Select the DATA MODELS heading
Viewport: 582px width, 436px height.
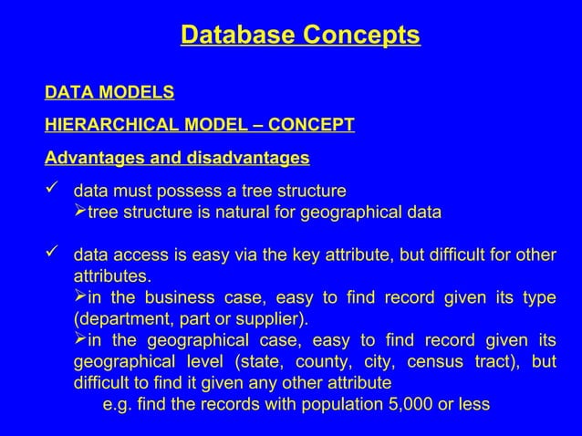click(x=109, y=92)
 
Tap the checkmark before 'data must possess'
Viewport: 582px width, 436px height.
click(x=53, y=191)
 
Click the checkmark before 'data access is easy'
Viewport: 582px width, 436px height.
click(x=53, y=254)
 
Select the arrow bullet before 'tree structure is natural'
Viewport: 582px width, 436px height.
click(x=79, y=213)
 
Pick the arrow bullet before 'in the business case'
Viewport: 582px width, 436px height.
click(x=79, y=297)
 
